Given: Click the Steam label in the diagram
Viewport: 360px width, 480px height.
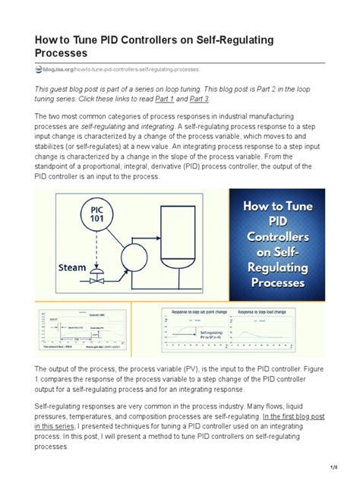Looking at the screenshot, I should (74, 267).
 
